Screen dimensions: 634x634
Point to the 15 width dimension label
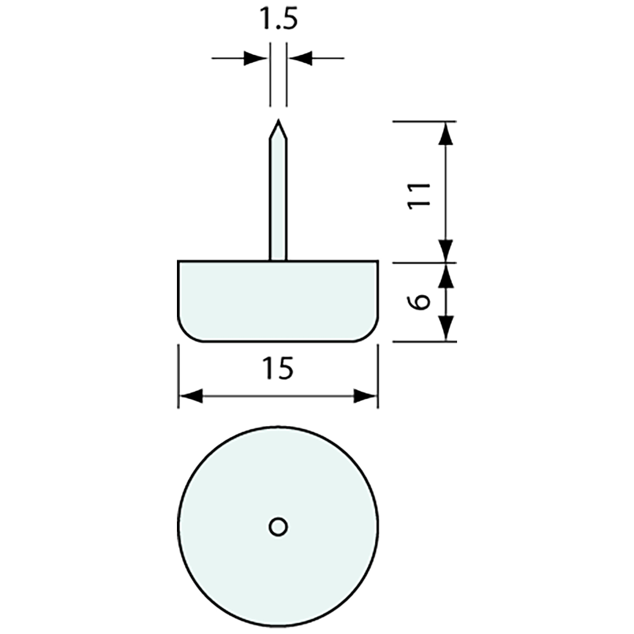point(278,368)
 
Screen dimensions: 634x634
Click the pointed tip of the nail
point(278,123)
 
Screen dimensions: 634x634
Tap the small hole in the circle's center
point(278,526)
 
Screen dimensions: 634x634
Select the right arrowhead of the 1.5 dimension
point(300,58)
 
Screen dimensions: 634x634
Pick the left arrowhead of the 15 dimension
point(191,396)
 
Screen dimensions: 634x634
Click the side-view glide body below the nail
point(278,300)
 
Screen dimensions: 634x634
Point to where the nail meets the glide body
point(278,260)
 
